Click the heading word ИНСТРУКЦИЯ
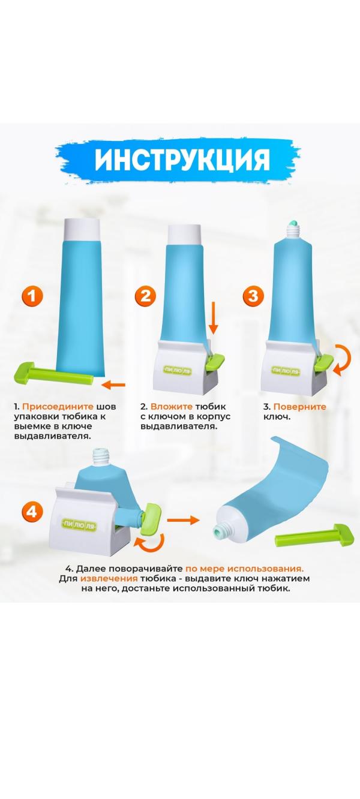tap(182, 160)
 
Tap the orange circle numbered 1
tap(32, 296)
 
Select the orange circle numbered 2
tap(145, 296)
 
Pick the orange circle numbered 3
tap(253, 296)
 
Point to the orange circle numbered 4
tap(32, 512)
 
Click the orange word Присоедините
tap(58, 407)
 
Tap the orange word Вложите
tap(171, 407)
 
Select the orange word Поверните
tap(300, 407)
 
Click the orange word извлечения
tap(109, 578)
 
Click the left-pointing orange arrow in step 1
tap(113, 385)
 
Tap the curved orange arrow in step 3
tap(344, 361)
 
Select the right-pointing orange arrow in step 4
tap(183, 520)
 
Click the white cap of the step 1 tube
tap(82, 230)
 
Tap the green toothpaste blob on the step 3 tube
tap(293, 223)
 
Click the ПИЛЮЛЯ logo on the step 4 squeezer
tap(79, 525)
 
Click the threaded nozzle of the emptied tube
tap(222, 531)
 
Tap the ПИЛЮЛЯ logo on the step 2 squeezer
tap(178, 371)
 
